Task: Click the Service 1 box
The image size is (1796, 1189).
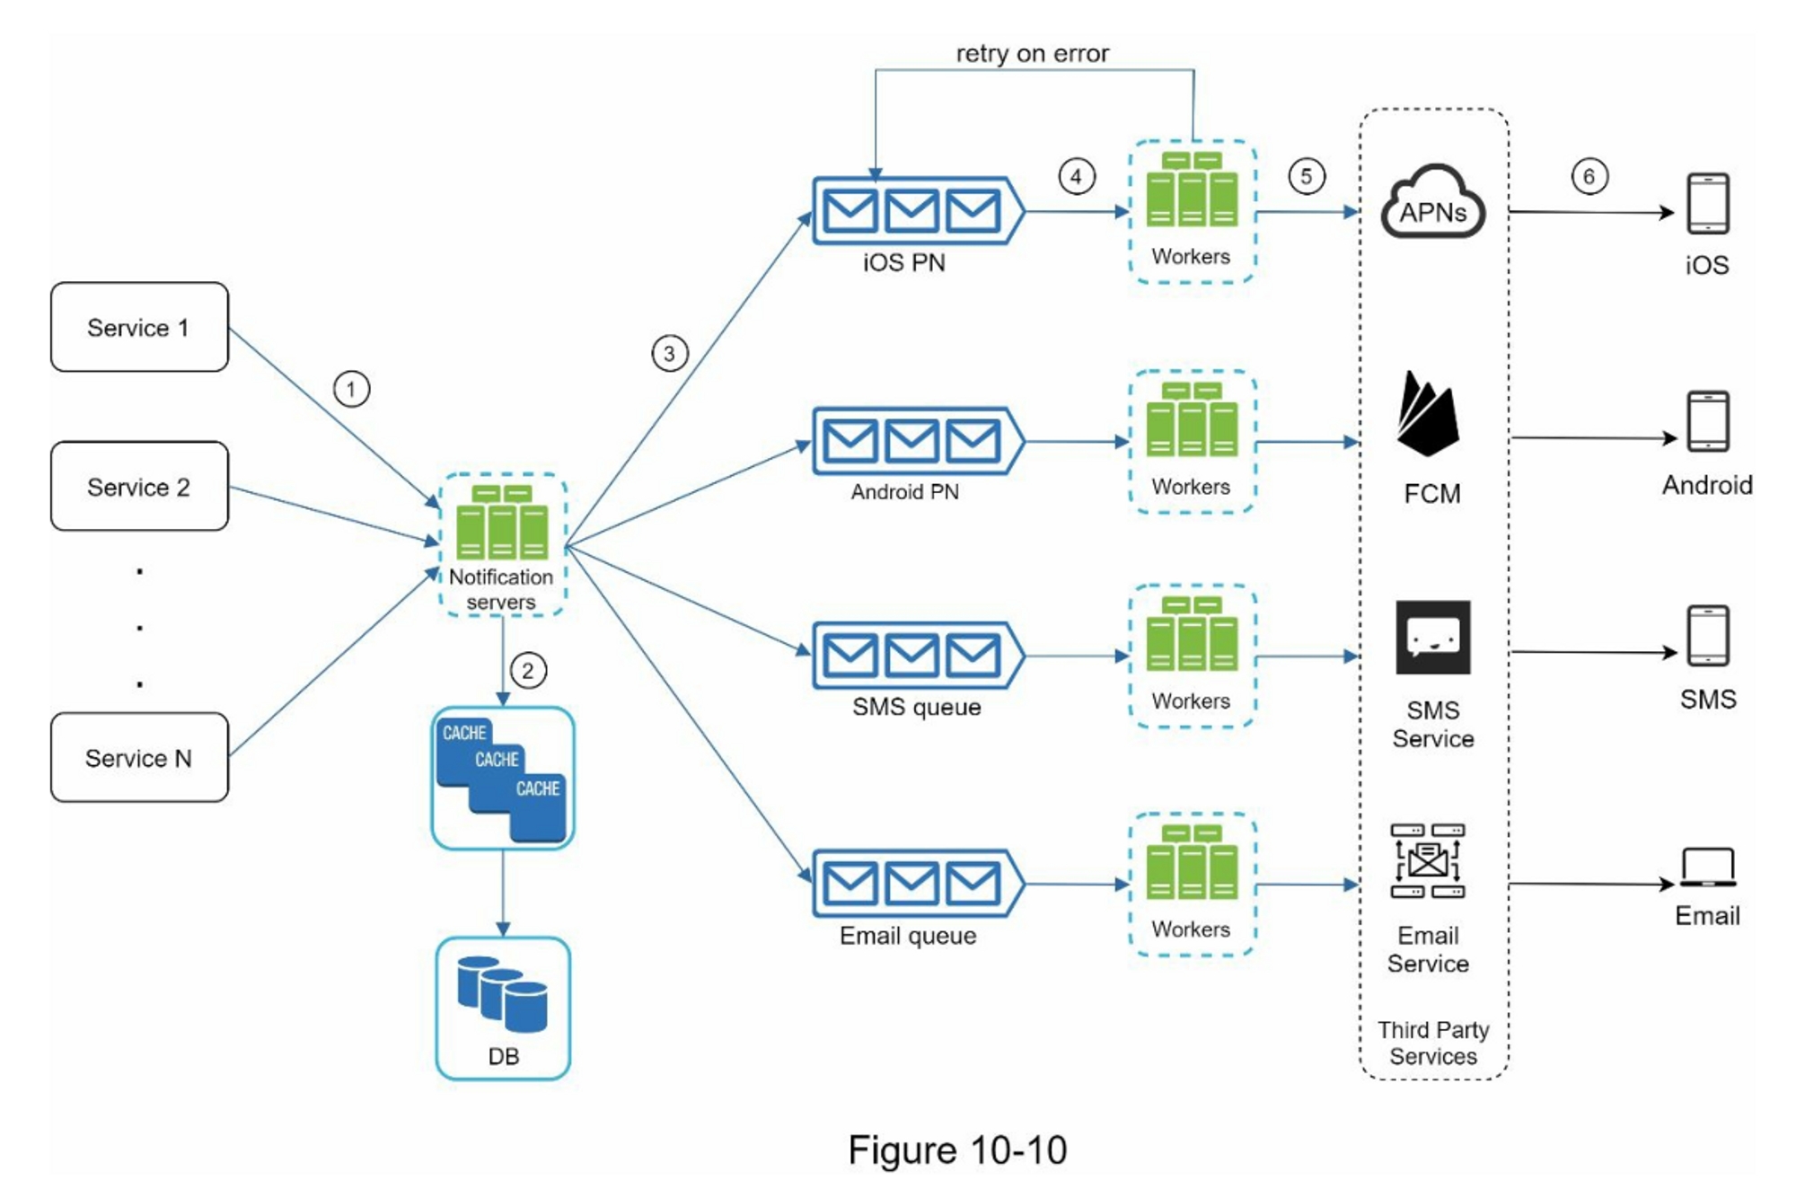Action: [x=139, y=327]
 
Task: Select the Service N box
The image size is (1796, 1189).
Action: [x=139, y=757]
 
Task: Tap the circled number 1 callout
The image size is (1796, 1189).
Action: [x=351, y=389]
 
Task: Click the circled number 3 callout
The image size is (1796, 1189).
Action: [x=669, y=353]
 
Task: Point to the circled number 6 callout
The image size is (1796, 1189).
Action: [x=1589, y=176]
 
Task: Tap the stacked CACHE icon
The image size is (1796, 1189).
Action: [x=502, y=778]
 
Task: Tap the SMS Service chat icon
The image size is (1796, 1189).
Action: [x=1432, y=638]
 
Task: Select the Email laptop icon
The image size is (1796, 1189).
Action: [x=1707, y=868]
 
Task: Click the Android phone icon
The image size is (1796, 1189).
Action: [x=1707, y=421]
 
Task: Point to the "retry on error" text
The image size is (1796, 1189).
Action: [x=1032, y=54]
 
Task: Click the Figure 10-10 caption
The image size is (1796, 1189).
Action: [x=957, y=1149]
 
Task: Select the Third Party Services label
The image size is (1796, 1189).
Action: [x=1433, y=1043]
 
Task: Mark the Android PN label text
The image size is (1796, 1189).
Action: [x=904, y=492]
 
